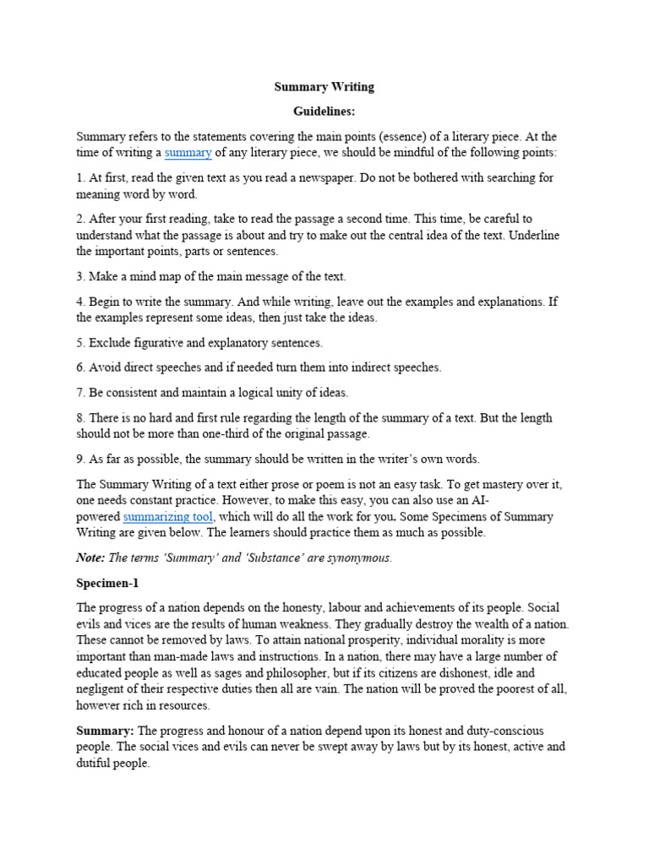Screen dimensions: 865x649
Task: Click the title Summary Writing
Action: pyautogui.click(x=324, y=86)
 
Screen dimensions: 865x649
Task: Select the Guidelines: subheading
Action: pyautogui.click(x=324, y=111)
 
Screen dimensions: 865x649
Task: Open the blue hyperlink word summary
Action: pyautogui.click(x=188, y=153)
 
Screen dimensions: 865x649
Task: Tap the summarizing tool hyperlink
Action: pyautogui.click(x=168, y=516)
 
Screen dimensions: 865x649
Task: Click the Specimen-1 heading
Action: pyautogui.click(x=107, y=583)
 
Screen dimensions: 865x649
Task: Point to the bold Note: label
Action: pyautogui.click(x=90, y=558)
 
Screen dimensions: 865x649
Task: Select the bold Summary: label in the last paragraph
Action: pyautogui.click(x=106, y=730)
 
